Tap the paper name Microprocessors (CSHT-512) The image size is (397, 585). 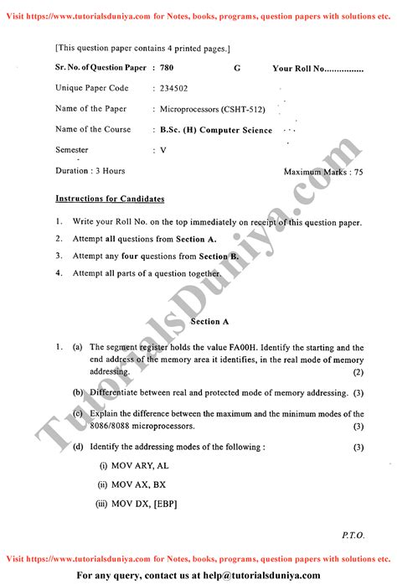tap(204, 109)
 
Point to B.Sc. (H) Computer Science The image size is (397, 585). tap(216, 130)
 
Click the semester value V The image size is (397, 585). tap(163, 150)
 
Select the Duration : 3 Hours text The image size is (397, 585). tap(90, 171)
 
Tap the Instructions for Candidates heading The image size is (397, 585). tap(110, 199)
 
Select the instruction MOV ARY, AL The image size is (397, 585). tap(133, 465)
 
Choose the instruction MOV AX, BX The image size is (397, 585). tap(132, 484)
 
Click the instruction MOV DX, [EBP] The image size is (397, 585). tap(136, 504)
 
